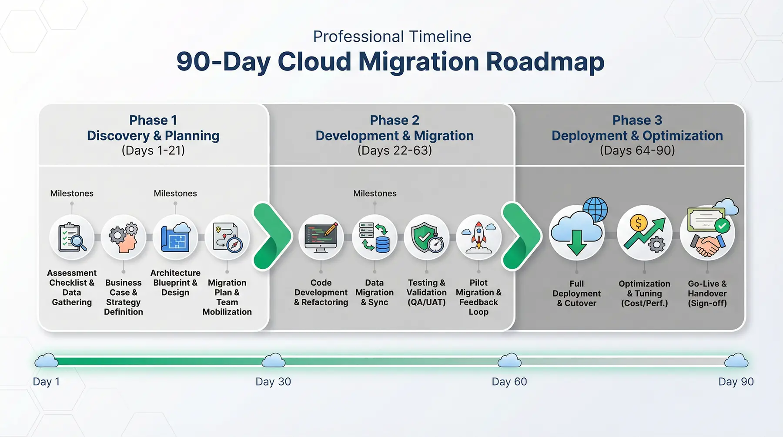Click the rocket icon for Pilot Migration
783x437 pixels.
tap(478, 237)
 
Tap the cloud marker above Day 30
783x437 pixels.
tap(274, 360)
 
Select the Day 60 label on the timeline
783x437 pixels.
tap(509, 382)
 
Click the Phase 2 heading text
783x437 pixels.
tap(395, 120)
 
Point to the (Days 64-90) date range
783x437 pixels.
tap(637, 150)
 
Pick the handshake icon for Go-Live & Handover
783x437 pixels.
tap(707, 244)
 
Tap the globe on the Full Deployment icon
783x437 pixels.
tap(595, 209)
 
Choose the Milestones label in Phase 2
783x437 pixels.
tap(375, 193)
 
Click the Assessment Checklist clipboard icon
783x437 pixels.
tap(72, 237)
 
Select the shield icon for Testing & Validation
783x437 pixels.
tap(427, 237)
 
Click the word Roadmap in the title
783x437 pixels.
tap(545, 62)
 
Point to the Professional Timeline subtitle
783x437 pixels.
tap(392, 37)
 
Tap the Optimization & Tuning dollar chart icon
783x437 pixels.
tap(644, 234)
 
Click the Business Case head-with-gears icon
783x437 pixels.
tap(124, 237)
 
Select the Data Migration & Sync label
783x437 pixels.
tap(375, 293)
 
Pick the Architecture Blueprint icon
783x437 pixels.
tap(175, 237)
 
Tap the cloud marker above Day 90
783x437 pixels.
tap(736, 360)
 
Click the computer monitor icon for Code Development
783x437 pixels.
tap(321, 237)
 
